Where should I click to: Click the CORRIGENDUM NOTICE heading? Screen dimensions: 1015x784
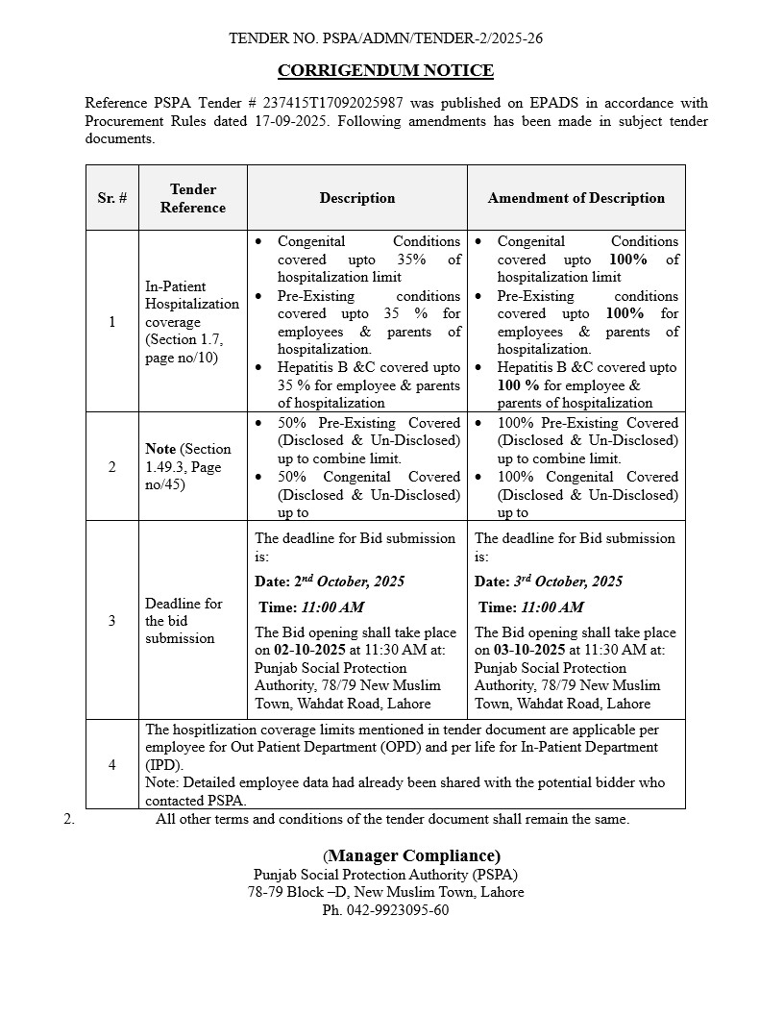pyautogui.click(x=385, y=70)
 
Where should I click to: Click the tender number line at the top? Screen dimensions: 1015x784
pyautogui.click(x=386, y=38)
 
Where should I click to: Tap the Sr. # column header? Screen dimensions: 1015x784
pyautogui.click(x=111, y=198)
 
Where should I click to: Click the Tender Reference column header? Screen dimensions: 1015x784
pyautogui.click(x=193, y=198)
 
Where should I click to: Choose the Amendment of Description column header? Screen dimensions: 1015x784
pyautogui.click(x=576, y=198)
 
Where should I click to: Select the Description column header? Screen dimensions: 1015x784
pyautogui.click(x=357, y=198)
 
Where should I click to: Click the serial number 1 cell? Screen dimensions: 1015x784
pyautogui.click(x=111, y=322)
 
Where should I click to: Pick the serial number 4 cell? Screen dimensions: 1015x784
pyautogui.click(x=111, y=765)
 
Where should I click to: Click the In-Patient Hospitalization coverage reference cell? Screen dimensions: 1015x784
pyautogui.click(x=192, y=322)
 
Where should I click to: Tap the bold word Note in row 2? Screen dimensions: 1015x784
pyautogui.click(x=160, y=449)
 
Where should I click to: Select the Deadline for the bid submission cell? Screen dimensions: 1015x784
pyautogui.click(x=184, y=621)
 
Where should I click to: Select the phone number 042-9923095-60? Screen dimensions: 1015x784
pyautogui.click(x=385, y=910)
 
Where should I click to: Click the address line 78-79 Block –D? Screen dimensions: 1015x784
pyautogui.click(x=385, y=892)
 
